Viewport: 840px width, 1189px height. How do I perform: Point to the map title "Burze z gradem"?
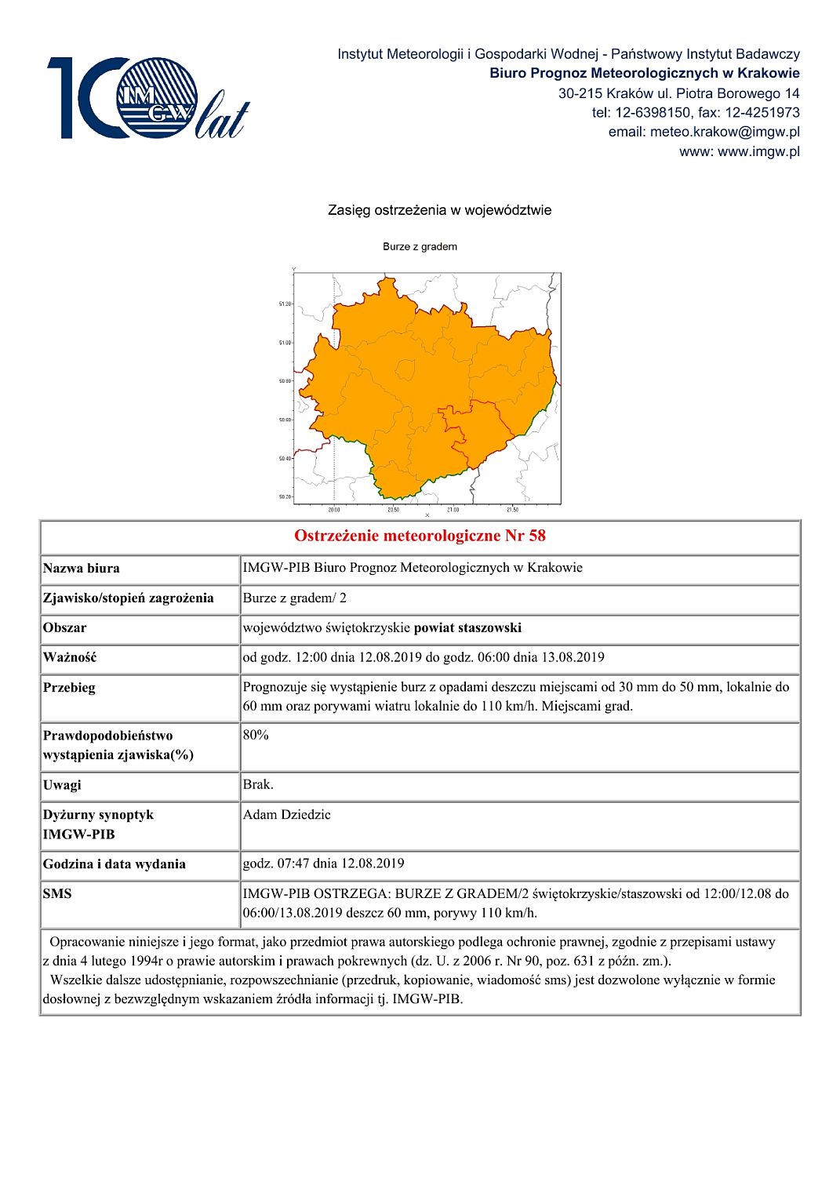coord(420,246)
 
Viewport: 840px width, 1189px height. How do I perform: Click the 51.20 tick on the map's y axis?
coord(285,304)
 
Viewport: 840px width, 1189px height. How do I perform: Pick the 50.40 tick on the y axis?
coord(285,459)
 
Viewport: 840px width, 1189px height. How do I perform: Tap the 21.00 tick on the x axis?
coord(453,510)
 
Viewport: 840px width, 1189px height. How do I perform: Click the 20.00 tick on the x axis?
coord(334,510)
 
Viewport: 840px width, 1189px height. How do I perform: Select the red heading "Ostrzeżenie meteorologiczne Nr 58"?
coord(420,536)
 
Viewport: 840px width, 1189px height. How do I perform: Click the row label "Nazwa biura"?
coord(82,569)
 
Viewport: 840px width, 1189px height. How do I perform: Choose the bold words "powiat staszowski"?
coord(467,627)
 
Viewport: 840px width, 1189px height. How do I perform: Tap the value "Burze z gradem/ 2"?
coord(294,598)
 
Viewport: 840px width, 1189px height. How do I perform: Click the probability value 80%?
coord(256,735)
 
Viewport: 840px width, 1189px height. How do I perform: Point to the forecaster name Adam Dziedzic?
coord(286,814)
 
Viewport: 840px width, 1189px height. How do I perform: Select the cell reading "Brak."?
coord(258,784)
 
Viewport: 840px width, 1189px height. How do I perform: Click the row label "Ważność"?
coord(70,657)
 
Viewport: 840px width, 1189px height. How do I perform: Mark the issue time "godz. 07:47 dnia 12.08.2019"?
coord(323,864)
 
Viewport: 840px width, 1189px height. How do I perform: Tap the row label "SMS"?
coord(57,893)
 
